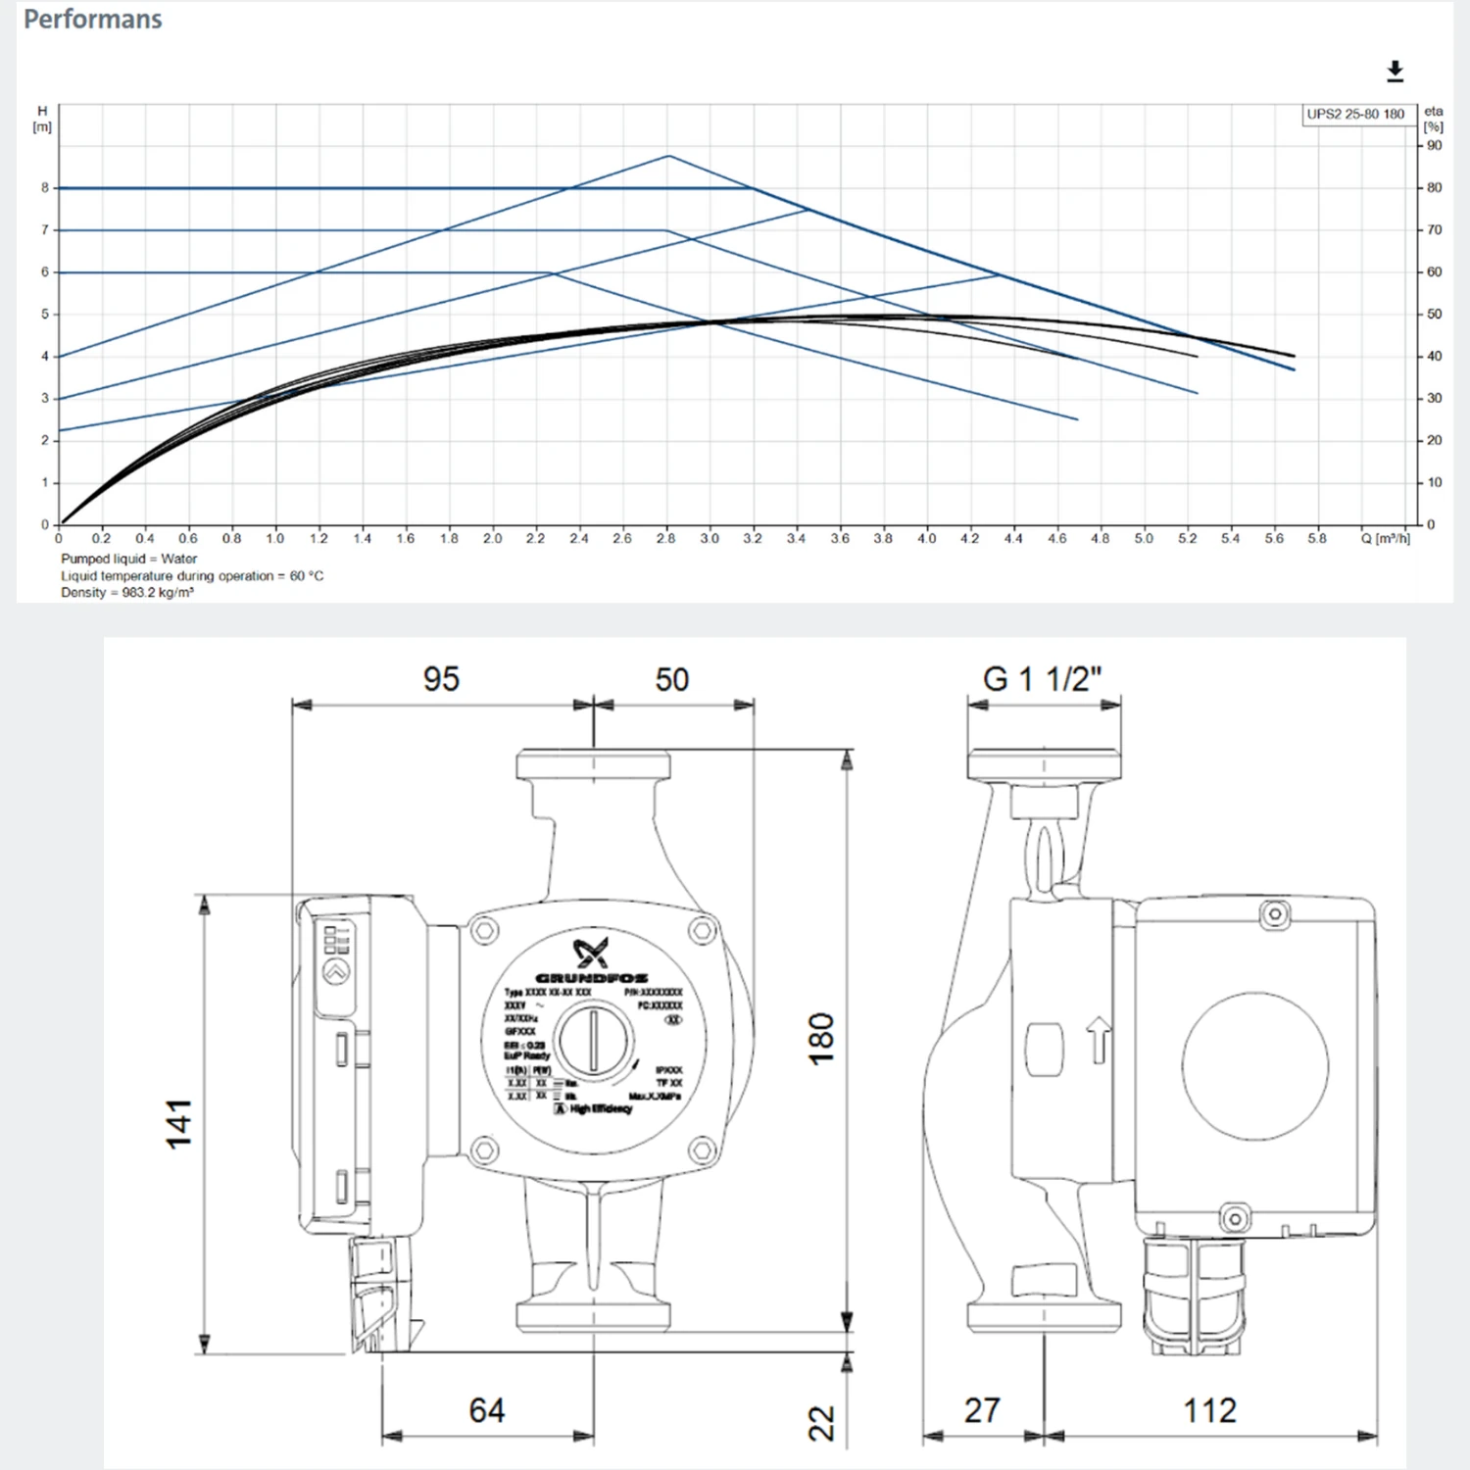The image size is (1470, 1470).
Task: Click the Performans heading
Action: click(93, 20)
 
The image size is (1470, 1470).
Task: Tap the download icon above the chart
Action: click(1395, 72)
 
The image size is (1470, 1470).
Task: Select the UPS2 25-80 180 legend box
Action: click(1354, 115)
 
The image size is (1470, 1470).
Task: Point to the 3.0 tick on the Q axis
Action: click(710, 539)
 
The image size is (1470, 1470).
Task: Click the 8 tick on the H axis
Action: click(44, 188)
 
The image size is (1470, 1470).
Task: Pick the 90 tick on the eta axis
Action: click(1434, 146)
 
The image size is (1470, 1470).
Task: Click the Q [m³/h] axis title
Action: click(1385, 539)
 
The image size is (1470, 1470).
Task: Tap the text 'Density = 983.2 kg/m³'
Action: click(127, 593)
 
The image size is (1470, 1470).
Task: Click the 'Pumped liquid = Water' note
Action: click(129, 559)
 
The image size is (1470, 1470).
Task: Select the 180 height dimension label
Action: click(820, 1038)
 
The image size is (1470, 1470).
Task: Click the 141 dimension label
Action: click(178, 1124)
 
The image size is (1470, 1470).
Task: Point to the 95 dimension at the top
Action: click(441, 679)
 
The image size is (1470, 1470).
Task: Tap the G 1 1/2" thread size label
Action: click(1042, 679)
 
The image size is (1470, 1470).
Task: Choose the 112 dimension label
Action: click(1209, 1411)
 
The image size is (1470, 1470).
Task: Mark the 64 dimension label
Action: click(487, 1411)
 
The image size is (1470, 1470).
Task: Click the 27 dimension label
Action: click(982, 1411)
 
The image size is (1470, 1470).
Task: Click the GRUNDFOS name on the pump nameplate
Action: click(591, 978)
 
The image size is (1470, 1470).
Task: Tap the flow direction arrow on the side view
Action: click(1099, 1040)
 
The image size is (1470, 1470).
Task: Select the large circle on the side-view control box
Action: click(1254, 1065)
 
